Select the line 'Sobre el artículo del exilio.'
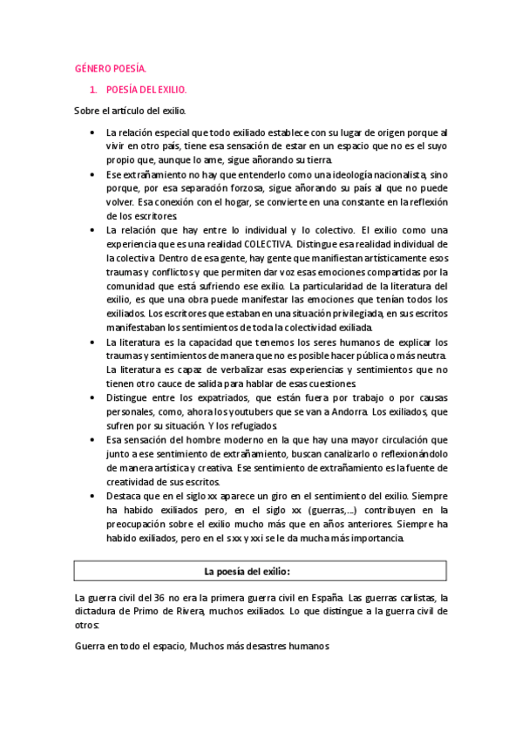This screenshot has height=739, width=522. [x=129, y=111]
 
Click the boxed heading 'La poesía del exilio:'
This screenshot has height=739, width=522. [x=259, y=571]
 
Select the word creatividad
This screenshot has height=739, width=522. [x=134, y=482]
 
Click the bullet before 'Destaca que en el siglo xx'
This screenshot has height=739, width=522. [x=93, y=495]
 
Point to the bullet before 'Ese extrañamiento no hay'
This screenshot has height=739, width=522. [x=93, y=174]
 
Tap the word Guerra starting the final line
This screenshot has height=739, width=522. [x=90, y=647]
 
